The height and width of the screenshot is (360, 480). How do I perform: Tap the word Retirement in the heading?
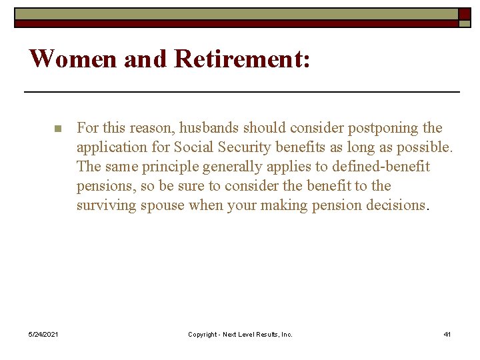(242, 59)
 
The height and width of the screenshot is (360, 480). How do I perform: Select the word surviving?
(106, 205)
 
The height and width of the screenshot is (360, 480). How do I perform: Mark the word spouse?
(163, 205)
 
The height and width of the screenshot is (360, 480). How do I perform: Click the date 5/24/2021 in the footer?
(43, 334)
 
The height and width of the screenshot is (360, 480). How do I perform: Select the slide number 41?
(447, 334)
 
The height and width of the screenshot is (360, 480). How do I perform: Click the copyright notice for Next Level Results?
(240, 334)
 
